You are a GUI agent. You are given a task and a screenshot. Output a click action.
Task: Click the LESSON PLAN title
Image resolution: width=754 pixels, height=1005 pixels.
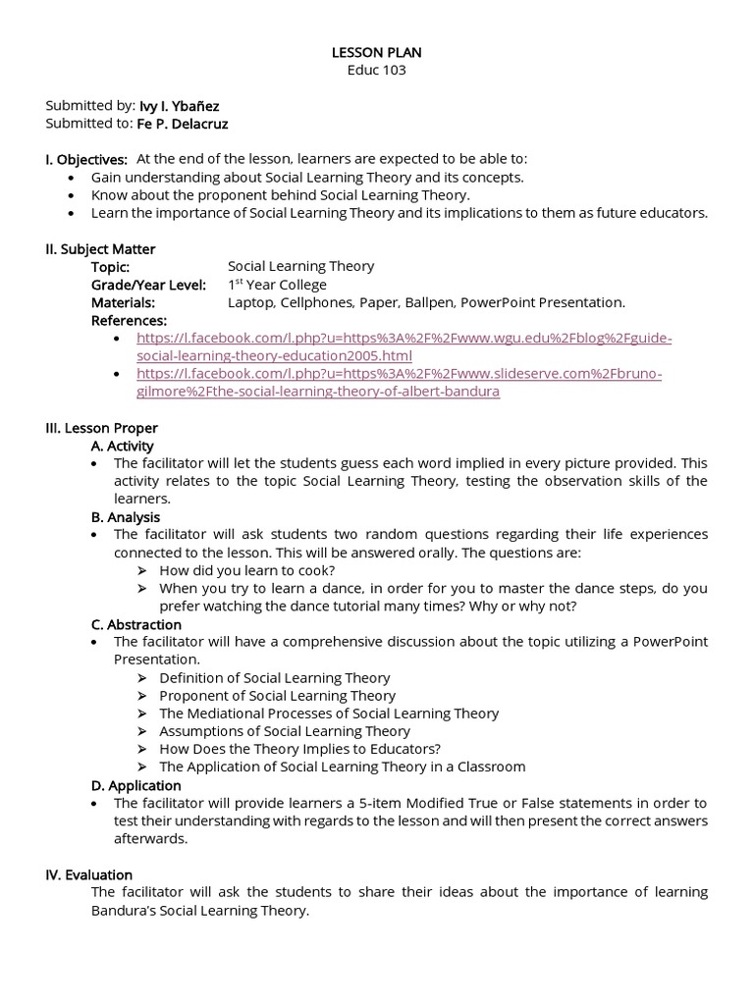[377, 52]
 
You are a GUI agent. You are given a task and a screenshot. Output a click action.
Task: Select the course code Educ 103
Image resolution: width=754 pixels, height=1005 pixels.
[377, 70]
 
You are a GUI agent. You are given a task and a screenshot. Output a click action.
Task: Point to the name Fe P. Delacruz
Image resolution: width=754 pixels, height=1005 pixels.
[182, 124]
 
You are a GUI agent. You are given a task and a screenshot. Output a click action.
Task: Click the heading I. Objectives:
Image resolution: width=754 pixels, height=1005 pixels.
[86, 159]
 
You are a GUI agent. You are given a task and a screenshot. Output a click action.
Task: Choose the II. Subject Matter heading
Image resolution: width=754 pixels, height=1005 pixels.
[100, 249]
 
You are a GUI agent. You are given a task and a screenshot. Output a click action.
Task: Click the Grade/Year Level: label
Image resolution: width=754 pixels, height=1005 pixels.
[148, 285]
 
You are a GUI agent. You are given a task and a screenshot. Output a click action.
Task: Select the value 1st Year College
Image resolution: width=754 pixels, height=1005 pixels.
[277, 285]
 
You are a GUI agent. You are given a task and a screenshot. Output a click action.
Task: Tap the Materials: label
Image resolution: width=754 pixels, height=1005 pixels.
[123, 302]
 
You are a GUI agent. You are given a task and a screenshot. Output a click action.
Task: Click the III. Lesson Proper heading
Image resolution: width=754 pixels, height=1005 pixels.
[101, 428]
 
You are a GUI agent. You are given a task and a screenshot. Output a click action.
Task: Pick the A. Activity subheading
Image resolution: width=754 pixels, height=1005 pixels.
[122, 446]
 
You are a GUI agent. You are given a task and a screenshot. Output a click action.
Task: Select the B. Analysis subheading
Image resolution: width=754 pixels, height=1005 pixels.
[125, 516]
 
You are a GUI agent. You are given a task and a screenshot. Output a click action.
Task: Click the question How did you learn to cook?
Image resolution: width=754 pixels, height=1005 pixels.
[246, 570]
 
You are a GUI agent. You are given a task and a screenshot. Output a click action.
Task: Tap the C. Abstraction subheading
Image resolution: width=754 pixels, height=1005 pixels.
[135, 624]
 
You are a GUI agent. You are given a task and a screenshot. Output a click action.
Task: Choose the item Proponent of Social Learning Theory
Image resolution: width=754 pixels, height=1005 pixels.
[277, 695]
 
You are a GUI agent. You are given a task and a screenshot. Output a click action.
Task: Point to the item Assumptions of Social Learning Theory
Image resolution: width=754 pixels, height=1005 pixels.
[285, 730]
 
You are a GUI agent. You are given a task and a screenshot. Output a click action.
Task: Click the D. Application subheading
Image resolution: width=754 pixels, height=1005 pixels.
[135, 785]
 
